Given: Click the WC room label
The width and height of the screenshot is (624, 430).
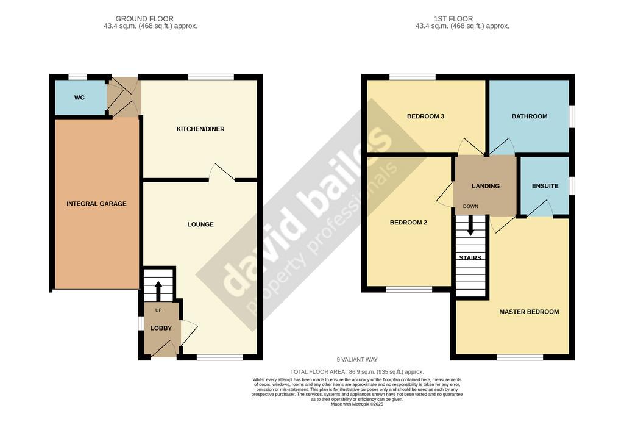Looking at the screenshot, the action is click(79, 98).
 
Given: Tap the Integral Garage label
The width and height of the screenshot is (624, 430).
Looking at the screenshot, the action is click(96, 204).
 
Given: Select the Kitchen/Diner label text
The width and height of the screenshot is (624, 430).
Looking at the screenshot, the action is click(200, 129).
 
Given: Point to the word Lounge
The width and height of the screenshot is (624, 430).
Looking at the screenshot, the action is click(200, 224).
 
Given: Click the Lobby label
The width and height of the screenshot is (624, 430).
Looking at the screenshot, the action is click(161, 328).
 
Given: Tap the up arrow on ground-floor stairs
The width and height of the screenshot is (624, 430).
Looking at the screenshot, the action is click(158, 292).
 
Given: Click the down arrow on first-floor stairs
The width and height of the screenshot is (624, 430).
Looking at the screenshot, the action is click(470, 225).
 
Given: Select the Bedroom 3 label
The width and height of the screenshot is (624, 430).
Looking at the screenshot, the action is click(425, 116).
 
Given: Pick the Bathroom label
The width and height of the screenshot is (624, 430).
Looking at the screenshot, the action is click(530, 116).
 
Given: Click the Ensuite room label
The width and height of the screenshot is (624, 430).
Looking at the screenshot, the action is click(545, 186).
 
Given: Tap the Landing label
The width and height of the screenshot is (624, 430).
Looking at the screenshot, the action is click(486, 186).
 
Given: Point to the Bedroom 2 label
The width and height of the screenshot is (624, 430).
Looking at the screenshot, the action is click(408, 223).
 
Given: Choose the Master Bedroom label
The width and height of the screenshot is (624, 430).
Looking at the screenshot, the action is click(529, 312).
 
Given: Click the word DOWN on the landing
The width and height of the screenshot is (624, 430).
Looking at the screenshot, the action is click(470, 206).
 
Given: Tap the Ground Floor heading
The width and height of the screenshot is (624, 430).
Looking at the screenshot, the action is click(144, 19).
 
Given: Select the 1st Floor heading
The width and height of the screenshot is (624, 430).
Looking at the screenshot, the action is click(453, 19).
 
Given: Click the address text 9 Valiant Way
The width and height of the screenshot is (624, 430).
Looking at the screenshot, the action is click(357, 359).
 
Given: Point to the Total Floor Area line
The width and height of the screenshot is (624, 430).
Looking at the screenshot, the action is click(357, 372).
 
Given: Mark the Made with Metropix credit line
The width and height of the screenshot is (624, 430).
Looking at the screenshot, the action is click(357, 404).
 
